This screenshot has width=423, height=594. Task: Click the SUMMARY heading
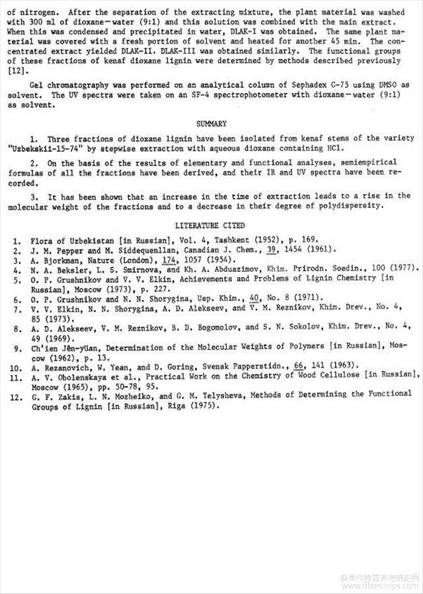[211, 123]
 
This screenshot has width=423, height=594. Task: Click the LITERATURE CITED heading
[211, 226]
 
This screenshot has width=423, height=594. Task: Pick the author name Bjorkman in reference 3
[59, 261]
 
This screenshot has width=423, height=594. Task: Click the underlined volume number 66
[299, 365]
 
